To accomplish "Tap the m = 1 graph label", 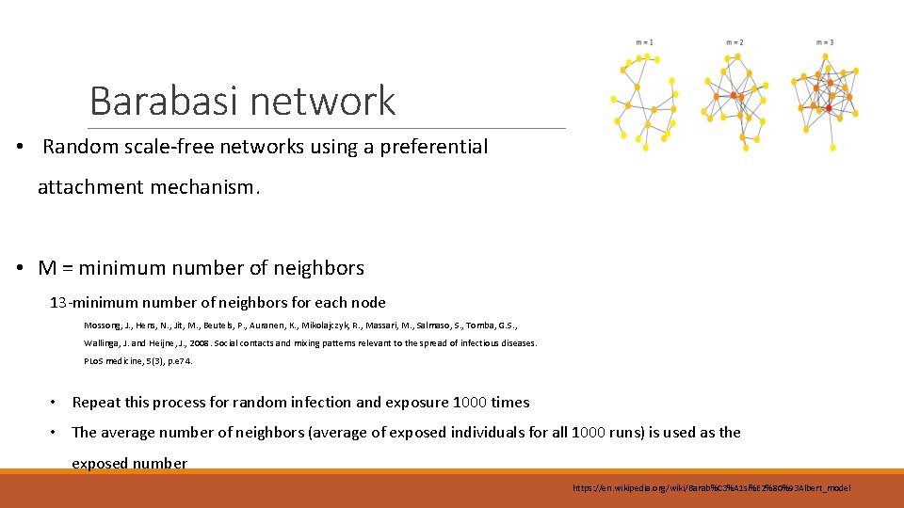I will (x=645, y=42).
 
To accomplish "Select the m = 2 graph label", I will (x=734, y=42).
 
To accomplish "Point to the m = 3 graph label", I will (x=825, y=42).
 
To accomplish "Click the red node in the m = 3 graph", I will (x=829, y=109).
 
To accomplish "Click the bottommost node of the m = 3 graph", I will (x=833, y=148).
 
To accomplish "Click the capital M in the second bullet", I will (x=47, y=268).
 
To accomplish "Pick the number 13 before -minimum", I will (x=57, y=303).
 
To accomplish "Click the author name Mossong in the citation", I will (x=104, y=325).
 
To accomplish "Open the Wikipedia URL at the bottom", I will (x=711, y=488).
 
